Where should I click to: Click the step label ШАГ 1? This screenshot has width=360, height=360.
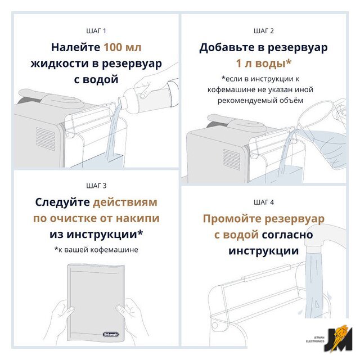pyautogui.click(x=96, y=31)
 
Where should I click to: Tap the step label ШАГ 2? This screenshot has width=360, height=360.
pyautogui.click(x=264, y=31)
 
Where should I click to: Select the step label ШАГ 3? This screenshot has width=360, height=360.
pyautogui.click(x=96, y=186)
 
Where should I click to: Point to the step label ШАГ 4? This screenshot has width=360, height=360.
pyautogui.click(x=264, y=202)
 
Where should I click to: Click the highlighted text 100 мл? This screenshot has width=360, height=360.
pyautogui.click(x=123, y=47)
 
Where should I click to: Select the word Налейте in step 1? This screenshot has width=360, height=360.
pyautogui.click(x=75, y=48)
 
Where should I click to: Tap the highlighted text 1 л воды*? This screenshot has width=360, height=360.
pyautogui.click(x=264, y=64)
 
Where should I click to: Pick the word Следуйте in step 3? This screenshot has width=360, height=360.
pyautogui.click(x=62, y=202)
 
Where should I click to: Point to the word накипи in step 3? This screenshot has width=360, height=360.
pyautogui.click(x=137, y=218)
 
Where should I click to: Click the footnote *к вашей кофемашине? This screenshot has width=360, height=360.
pyautogui.click(x=96, y=250)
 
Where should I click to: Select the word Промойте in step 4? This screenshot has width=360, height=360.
pyautogui.click(x=232, y=219)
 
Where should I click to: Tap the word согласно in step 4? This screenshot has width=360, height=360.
pyautogui.click(x=287, y=235)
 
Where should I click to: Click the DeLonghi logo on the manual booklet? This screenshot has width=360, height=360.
pyautogui.click(x=111, y=334)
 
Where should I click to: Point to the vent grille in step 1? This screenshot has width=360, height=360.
pyautogui.click(x=46, y=139)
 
